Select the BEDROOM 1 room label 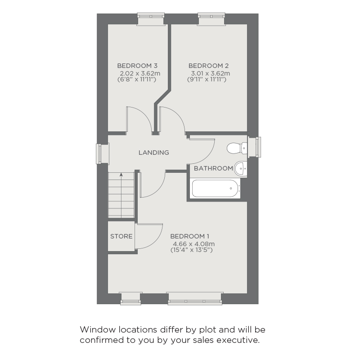[x=190, y=236]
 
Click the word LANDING [x=153, y=153]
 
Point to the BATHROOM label [x=213, y=168]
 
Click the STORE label [x=121, y=236]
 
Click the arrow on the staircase [x=121, y=177]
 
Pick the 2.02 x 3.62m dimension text [x=140, y=73]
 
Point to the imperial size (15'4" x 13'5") [x=191, y=250]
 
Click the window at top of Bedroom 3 [x=151, y=18]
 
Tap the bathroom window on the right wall [x=256, y=147]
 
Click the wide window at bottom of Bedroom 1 [x=195, y=297]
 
